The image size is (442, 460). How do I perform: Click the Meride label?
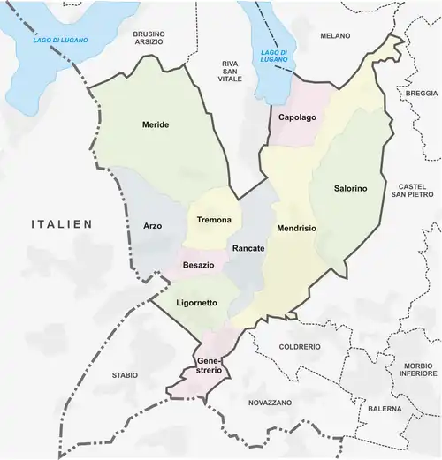tap(156, 124)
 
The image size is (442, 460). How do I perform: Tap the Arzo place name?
tap(152, 226)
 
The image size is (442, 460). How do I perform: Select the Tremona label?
tap(213, 220)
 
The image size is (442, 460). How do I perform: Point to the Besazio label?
tap(199, 264)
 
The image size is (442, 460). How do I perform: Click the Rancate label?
tap(248, 249)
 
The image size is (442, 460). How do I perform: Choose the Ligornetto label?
tap(197, 303)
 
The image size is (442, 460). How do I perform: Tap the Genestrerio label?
tap(209, 366)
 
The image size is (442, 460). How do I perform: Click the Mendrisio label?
tap(297, 228)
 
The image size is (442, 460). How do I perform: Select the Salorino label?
tap(351, 188)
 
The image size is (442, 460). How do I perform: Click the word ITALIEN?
tap(63, 225)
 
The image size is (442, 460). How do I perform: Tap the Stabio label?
tap(126, 375)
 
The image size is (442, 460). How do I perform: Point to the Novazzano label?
tap(270, 402)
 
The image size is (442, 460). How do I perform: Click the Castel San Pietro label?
tap(413, 192)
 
